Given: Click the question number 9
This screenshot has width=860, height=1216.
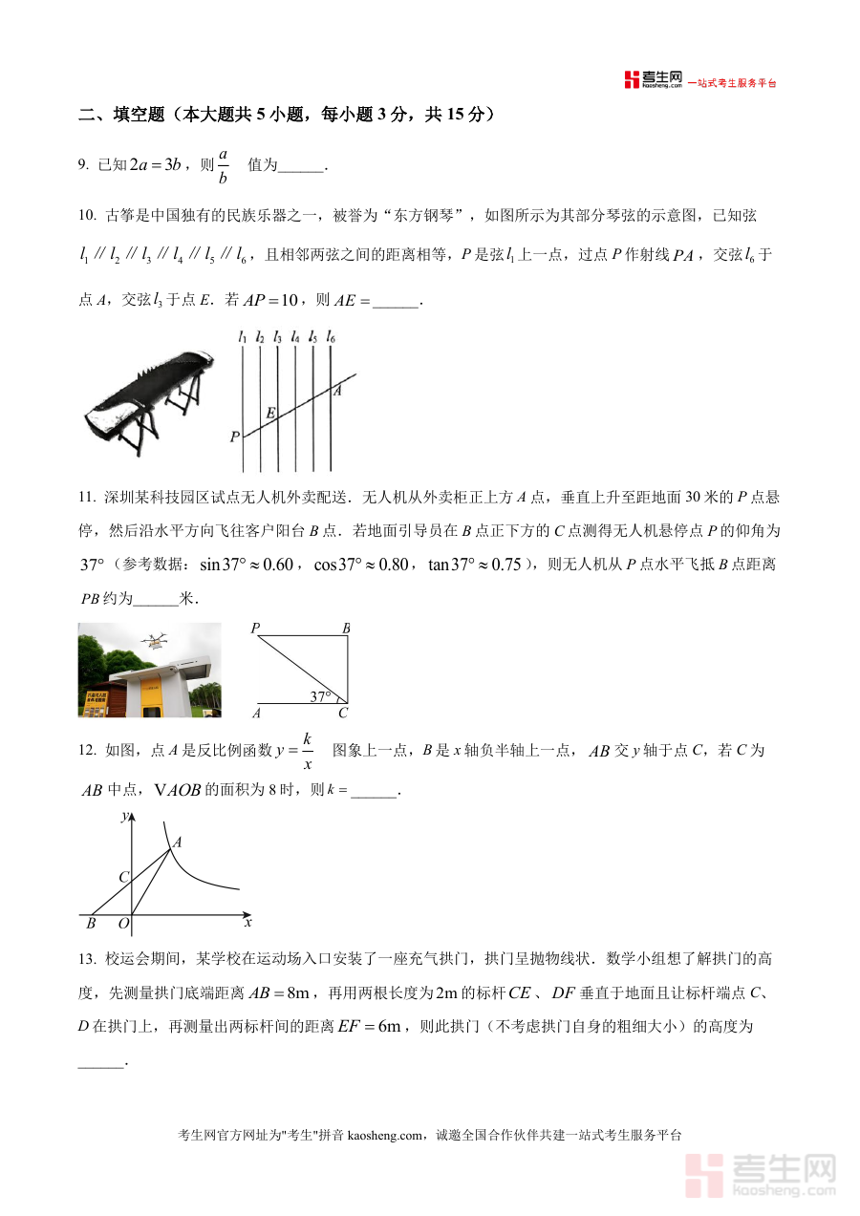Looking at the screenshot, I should [83, 165].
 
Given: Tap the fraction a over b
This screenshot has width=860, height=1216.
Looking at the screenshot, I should [223, 165].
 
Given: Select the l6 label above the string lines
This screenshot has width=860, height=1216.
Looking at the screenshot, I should [331, 336].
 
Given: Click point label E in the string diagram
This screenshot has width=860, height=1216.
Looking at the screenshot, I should [270, 413].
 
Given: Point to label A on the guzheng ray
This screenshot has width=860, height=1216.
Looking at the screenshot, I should [337, 390].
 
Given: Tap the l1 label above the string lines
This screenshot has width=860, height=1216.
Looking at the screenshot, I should [244, 336].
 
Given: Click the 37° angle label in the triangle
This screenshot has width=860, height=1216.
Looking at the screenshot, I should [320, 696].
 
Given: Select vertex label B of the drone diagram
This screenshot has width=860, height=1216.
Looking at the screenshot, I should [346, 629].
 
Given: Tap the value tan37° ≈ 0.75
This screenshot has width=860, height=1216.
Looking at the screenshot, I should [475, 565].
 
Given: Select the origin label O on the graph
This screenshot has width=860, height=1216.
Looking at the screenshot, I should [122, 924].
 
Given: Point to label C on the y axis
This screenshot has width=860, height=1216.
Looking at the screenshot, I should [122, 877].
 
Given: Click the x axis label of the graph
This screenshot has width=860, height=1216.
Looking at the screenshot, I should [247, 923].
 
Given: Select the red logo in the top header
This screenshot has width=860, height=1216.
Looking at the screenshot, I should [631, 80].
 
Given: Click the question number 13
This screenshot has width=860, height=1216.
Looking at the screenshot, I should [86, 958].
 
